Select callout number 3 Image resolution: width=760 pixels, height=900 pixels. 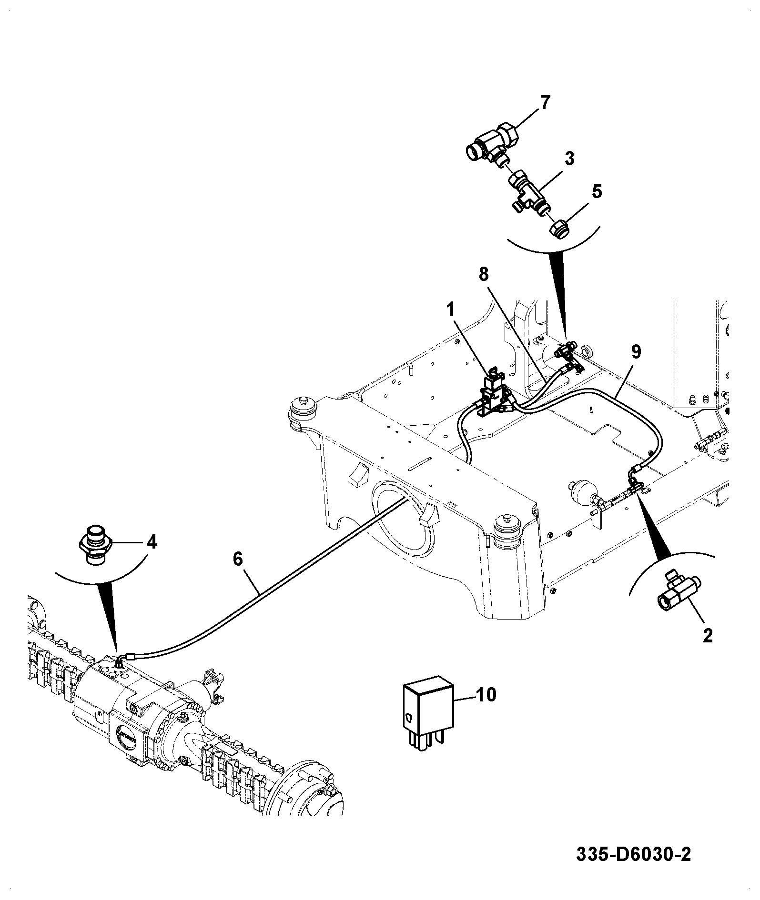pyautogui.click(x=569, y=159)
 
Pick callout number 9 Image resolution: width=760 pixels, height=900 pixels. pyautogui.click(x=636, y=352)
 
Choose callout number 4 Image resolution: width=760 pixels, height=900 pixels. pyautogui.click(x=152, y=542)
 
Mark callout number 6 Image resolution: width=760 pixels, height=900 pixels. pyautogui.click(x=238, y=558)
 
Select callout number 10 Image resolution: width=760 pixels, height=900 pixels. pyautogui.click(x=486, y=695)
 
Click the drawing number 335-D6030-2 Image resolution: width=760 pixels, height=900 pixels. pyautogui.click(x=633, y=854)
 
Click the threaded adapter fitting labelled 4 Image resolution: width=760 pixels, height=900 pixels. pyautogui.click(x=95, y=545)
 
